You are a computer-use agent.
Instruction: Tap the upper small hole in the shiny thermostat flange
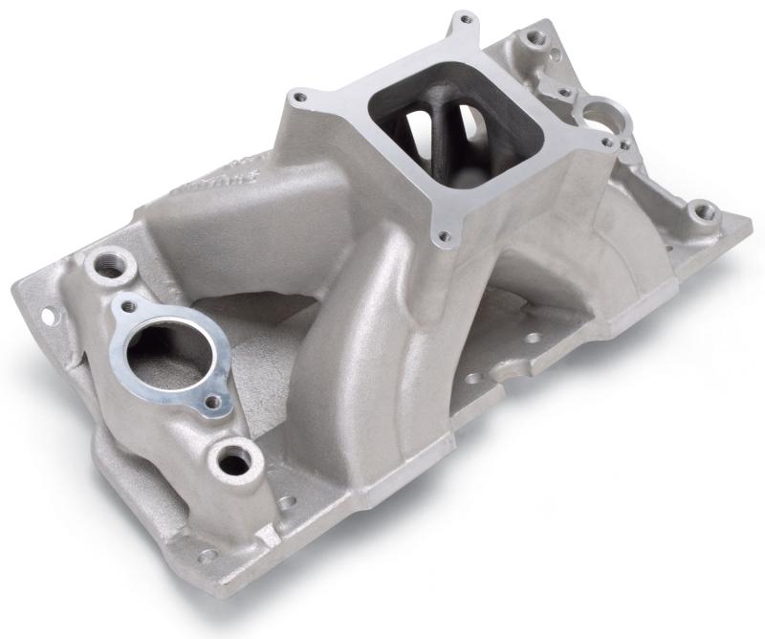click(128, 307)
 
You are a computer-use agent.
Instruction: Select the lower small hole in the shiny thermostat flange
click(211, 403)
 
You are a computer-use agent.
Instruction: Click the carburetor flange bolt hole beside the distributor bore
click(606, 143)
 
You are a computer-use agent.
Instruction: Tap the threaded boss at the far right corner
click(703, 210)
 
